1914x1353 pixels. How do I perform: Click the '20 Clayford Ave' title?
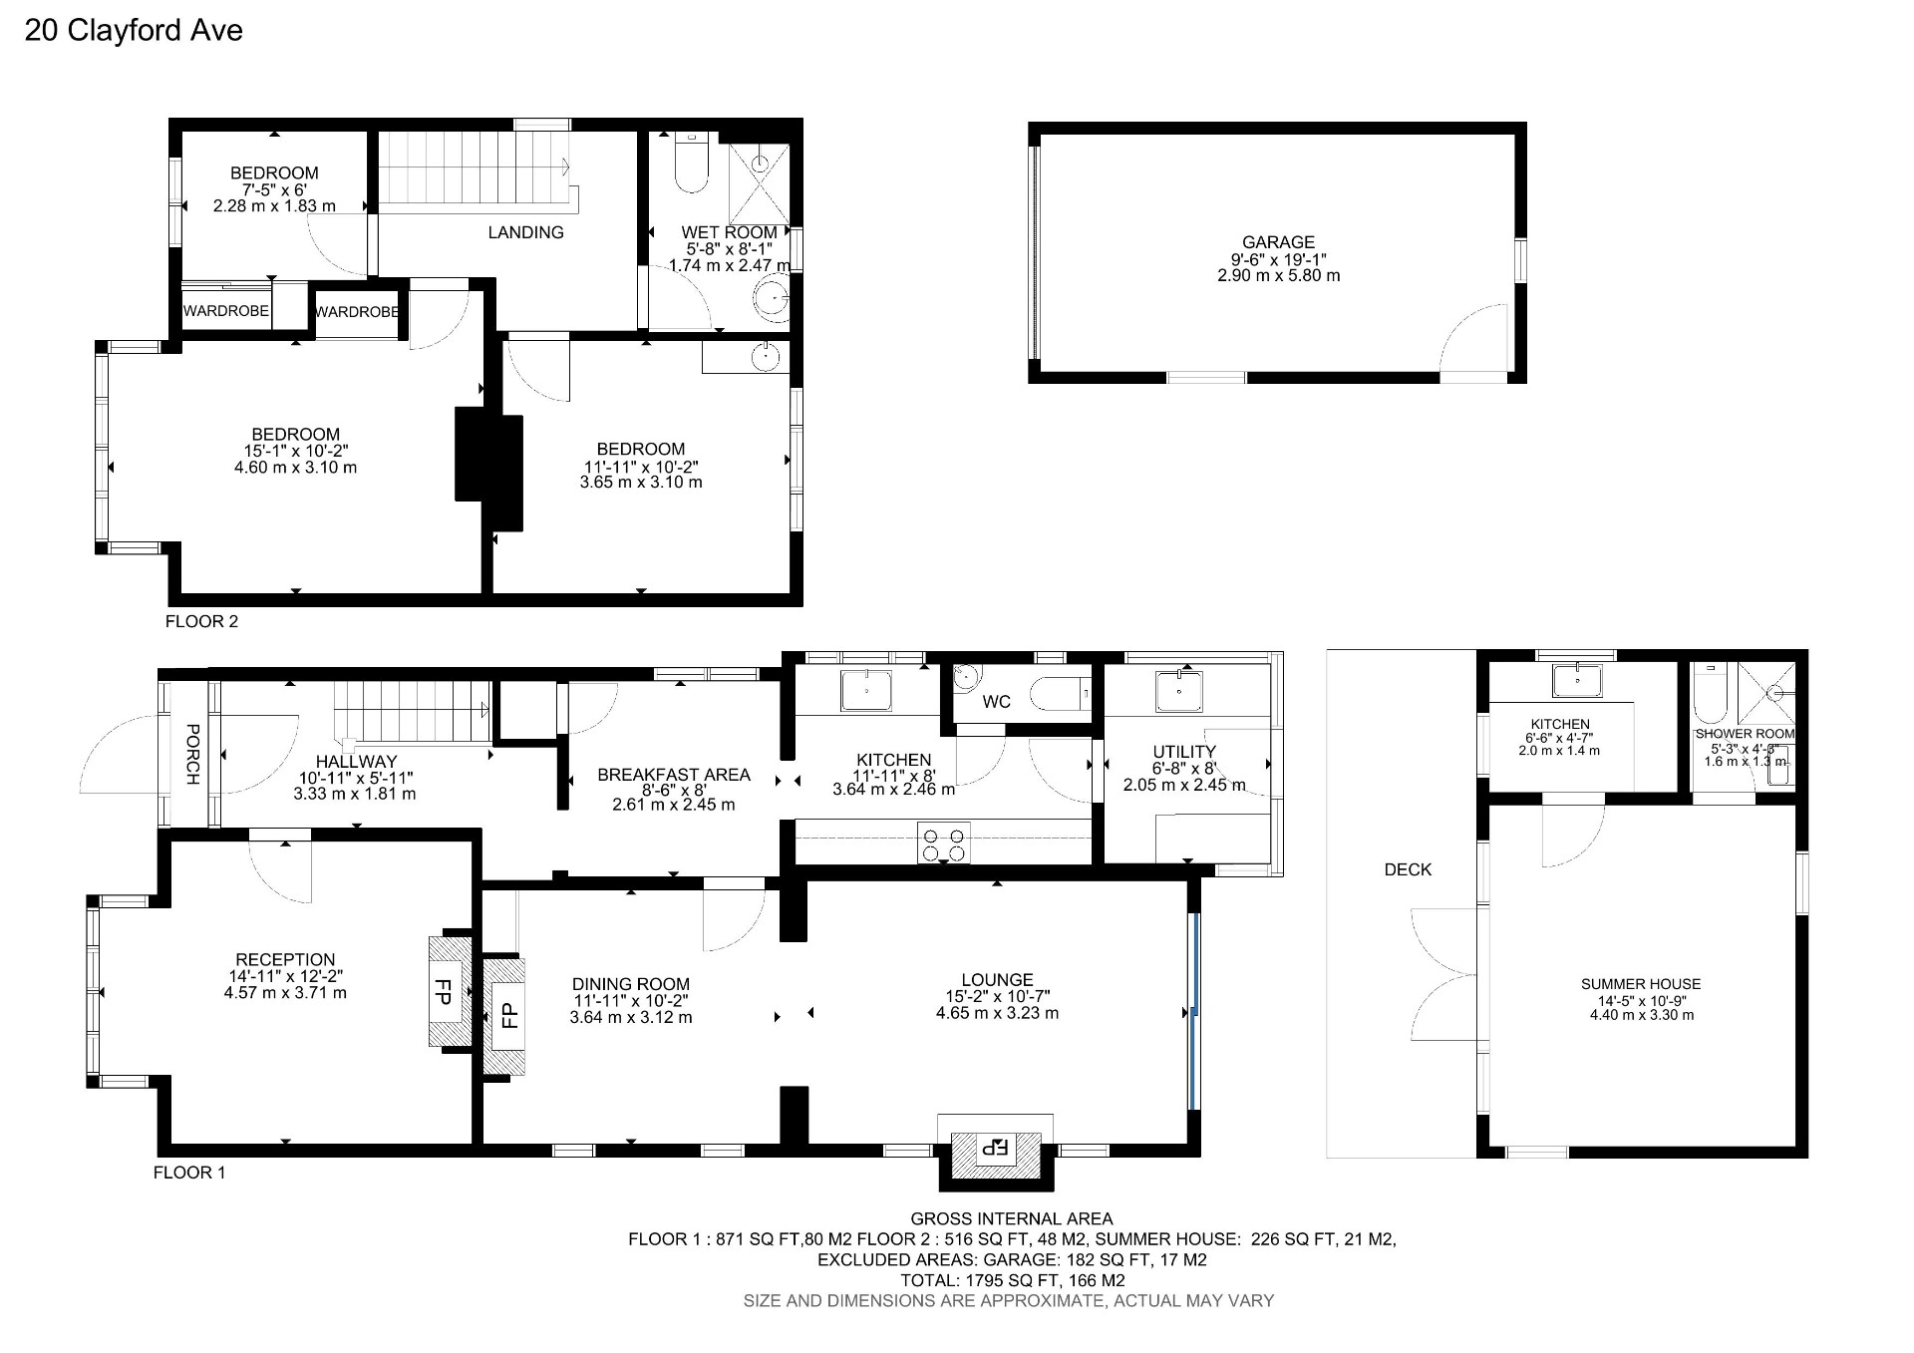tap(134, 31)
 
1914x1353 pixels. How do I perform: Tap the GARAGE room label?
tap(1278, 241)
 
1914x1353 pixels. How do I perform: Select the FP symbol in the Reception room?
tap(444, 991)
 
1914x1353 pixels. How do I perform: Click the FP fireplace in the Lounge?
tap(996, 1147)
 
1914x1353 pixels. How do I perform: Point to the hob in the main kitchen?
tap(943, 845)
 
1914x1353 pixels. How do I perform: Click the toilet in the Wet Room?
tap(691, 165)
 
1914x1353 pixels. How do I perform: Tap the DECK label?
tap(1408, 869)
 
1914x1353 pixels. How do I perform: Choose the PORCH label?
tap(193, 754)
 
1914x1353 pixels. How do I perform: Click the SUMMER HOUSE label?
tap(1640, 984)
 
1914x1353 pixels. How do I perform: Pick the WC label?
tap(996, 701)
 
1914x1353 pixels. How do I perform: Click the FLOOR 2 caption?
tap(201, 621)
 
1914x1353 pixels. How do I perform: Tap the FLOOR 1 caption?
tap(189, 1173)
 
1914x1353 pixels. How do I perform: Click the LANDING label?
tap(525, 232)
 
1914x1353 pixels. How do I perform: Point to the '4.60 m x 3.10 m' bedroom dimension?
tap(295, 467)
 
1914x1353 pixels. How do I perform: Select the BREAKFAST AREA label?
tap(673, 775)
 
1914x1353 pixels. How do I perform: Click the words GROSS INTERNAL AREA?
tap(1011, 1218)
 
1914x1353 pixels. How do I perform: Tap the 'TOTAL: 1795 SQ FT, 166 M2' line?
tap(1011, 1280)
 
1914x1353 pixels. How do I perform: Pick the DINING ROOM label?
tap(630, 984)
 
